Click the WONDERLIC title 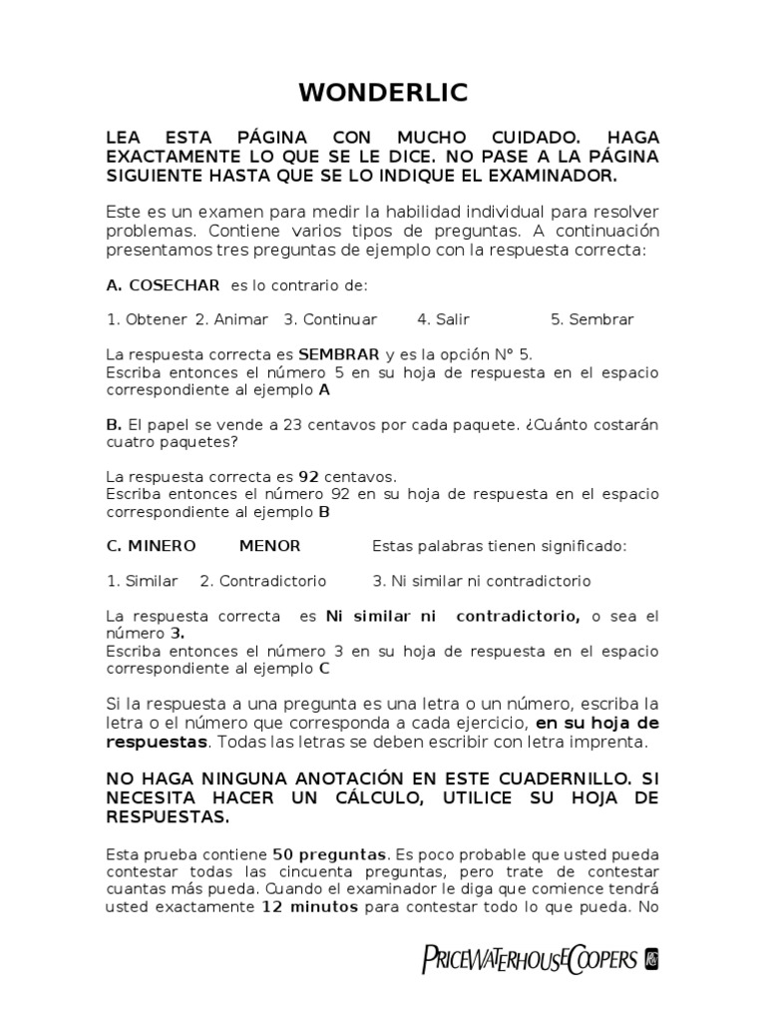point(383,94)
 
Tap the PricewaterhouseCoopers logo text point(530,959)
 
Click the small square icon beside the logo point(651,959)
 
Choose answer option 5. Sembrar point(591,319)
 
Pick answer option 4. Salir point(443,319)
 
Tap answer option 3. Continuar point(330,319)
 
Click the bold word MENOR point(269,546)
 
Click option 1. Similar point(142,581)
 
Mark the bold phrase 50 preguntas point(332,855)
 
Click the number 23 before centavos point(293,424)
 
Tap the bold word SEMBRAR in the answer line point(339,354)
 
